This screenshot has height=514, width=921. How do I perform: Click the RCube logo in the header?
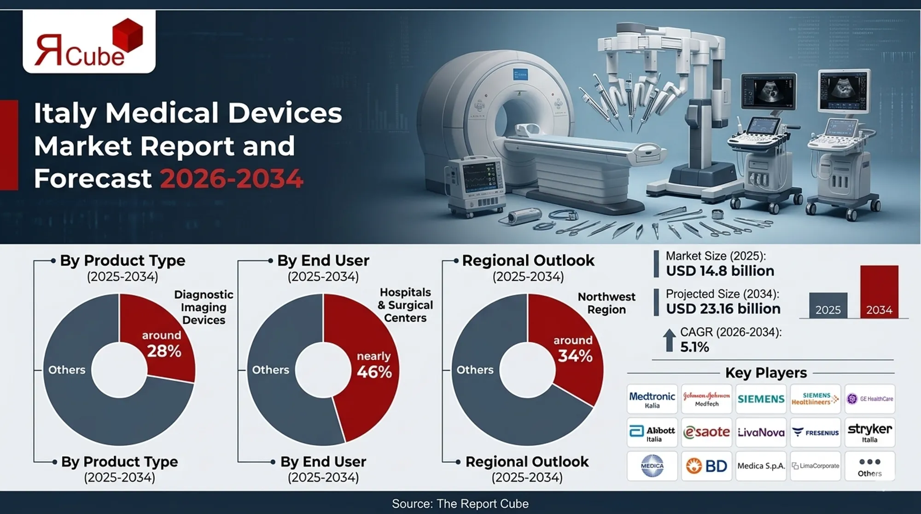pos(89,43)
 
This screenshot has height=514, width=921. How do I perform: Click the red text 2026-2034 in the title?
pos(232,179)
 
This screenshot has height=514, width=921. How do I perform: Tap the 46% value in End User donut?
pos(374,372)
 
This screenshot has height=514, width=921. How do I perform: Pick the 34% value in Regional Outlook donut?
pos(575,356)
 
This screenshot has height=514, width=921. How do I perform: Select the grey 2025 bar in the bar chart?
pos(828,305)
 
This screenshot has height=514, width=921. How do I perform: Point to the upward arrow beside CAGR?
pos(669,340)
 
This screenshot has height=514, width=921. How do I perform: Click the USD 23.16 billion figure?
pos(723,309)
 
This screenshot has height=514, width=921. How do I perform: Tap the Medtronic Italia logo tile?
pos(652,399)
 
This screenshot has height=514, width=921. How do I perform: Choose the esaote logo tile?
pos(706,433)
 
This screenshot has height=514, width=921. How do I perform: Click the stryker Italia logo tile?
pos(869,433)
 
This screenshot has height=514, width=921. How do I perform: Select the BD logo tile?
pos(706,466)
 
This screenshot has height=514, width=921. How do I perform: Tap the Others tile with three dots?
pos(869,466)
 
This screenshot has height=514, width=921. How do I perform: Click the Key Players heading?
pos(765,373)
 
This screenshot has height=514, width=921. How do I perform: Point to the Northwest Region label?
pos(606,303)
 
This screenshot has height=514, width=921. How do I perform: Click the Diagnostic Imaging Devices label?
pos(204,307)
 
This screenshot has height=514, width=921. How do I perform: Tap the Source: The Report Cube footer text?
pos(460,503)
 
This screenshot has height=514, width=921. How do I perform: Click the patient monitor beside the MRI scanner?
pos(474,184)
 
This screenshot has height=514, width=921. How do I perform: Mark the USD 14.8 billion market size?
pos(720,271)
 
